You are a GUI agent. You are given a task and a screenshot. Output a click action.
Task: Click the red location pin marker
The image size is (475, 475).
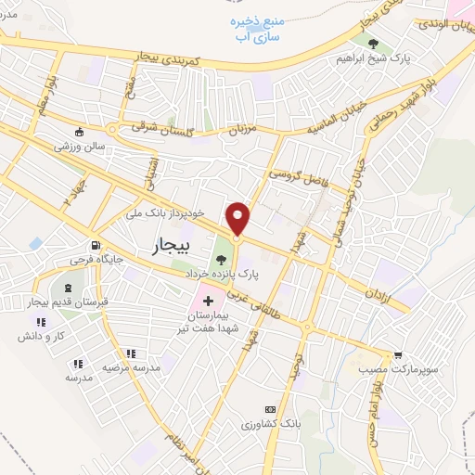point(238,219)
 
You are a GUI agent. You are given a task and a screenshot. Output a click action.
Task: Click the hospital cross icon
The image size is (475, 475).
point(208,302)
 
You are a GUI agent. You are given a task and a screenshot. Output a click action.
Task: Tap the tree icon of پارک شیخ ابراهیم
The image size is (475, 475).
point(372,43)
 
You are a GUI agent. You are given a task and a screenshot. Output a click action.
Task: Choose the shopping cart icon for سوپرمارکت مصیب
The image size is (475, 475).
point(398,354)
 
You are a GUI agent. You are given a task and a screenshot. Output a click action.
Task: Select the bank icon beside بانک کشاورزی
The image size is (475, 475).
point(270,409)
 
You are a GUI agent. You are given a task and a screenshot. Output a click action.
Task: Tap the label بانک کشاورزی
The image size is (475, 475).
point(269,424)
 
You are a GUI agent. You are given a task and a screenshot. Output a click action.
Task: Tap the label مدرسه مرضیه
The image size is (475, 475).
point(131,367)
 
